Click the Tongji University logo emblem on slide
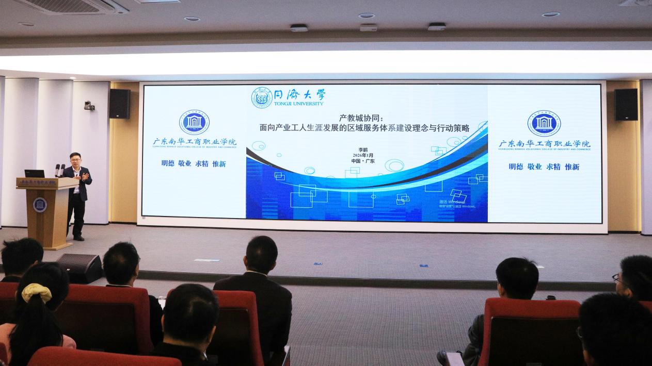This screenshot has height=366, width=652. tap(262, 97)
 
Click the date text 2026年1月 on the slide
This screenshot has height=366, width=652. tap(363, 155)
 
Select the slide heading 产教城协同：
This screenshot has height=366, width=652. tap(361, 117)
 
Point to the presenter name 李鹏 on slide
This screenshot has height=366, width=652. tap(363, 149)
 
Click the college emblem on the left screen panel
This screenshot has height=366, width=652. tap(194, 123)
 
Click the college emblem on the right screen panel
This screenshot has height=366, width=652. tap(544, 123)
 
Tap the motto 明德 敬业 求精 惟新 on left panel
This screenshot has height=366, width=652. tap(194, 163)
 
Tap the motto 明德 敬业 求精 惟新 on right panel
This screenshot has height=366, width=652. tap(544, 167)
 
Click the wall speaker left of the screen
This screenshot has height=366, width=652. tap(120, 104)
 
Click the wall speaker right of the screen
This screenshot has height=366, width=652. tap(626, 104)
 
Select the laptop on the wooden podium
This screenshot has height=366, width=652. tap(34, 174)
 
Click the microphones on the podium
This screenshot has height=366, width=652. tap(59, 170)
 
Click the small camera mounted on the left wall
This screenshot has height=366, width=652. tap(89, 105)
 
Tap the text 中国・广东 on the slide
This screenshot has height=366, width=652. tap(363, 161)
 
